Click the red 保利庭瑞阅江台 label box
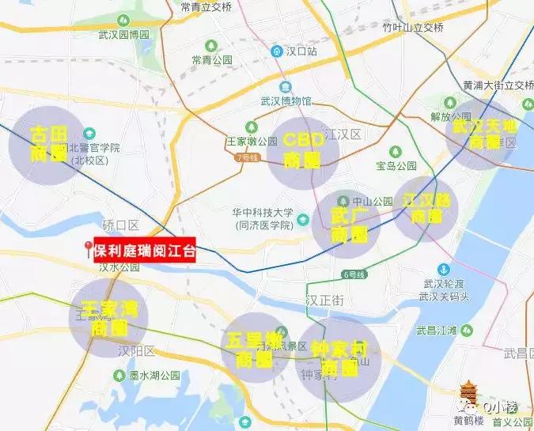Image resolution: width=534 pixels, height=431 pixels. point(144,251)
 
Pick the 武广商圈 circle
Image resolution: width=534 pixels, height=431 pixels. point(347,225)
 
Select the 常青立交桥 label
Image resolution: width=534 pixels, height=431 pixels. point(206,7)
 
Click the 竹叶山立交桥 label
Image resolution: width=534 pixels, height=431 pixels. point(413,27)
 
